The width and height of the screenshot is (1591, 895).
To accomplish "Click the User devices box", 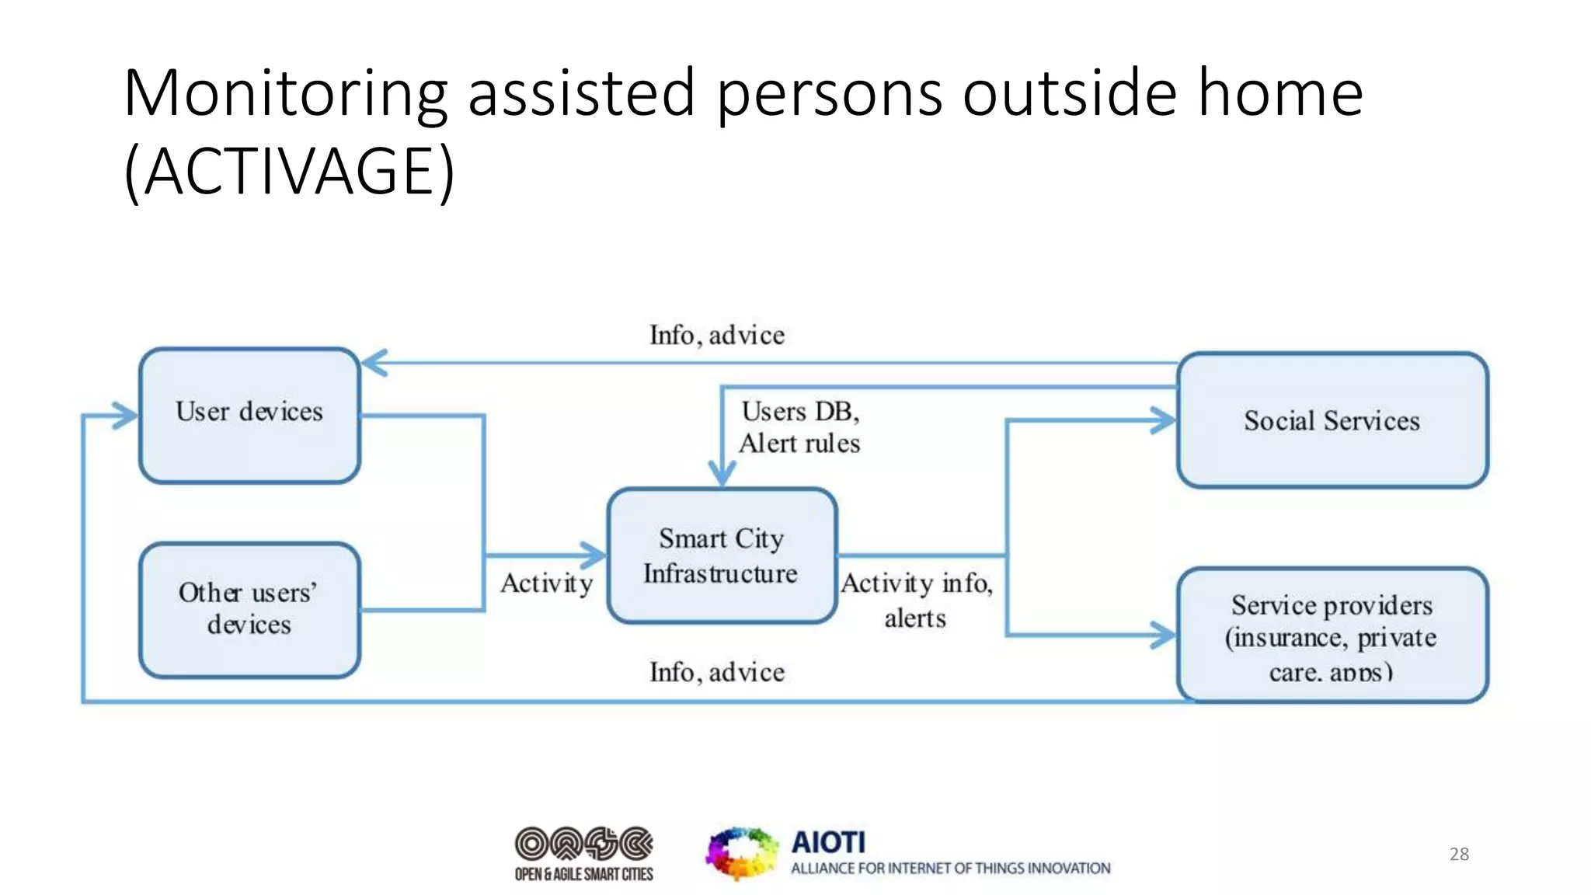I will coord(249,416).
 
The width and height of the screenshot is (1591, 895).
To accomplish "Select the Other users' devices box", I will coord(249,610).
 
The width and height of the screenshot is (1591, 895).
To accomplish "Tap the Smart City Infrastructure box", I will coord(722,555).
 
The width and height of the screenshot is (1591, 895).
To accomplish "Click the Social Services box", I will coord(1332,420).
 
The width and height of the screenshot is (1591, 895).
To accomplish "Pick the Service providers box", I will coord(1332,636).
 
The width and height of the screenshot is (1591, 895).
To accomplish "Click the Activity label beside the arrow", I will coord(547,583).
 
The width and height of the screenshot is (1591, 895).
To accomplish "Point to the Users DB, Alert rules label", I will coord(800,427).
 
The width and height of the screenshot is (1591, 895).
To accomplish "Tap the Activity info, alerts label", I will coord(917,600).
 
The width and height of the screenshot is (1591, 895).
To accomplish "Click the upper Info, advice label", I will coord(717,335).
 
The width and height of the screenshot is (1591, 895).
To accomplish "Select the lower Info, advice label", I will coord(717,672).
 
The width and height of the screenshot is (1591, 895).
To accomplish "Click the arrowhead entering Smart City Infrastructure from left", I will coord(594,555).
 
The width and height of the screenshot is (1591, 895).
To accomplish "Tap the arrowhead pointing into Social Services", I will coord(1164,420).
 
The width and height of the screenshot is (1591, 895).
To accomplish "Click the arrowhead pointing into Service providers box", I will coord(1164,635).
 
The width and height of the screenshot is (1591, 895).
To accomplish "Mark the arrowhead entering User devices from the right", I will coord(374,363).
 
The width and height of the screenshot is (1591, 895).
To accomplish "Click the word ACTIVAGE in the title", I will coord(299,171).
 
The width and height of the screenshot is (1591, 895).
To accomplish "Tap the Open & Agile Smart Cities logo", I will coord(583,853).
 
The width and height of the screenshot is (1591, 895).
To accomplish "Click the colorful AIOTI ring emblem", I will coord(741,853).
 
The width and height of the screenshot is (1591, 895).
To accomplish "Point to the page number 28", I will coord(1459,854).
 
